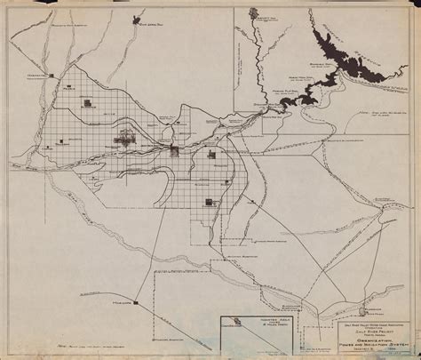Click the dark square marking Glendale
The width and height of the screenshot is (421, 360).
click(89, 105)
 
